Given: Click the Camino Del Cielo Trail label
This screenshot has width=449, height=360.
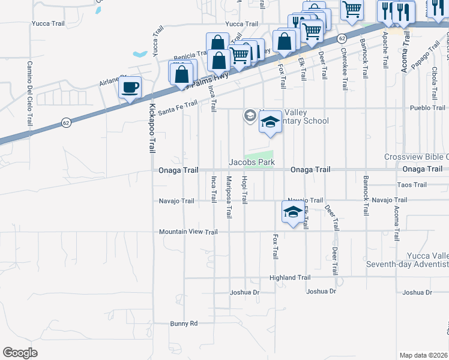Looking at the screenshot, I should [29, 94].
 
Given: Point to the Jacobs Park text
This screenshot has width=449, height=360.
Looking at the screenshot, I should [252, 162].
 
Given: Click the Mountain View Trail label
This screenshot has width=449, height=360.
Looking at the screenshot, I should [188, 232].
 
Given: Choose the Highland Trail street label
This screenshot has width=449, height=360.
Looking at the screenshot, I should [290, 278].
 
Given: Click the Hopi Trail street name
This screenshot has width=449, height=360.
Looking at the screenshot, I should [244, 190].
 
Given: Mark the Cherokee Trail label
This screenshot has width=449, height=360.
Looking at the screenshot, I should [344, 69].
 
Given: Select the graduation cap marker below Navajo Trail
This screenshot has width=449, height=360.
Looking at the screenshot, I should [293, 212].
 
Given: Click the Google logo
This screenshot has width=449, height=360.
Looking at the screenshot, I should [20, 353].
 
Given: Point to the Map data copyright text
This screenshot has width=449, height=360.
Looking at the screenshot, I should [423, 355].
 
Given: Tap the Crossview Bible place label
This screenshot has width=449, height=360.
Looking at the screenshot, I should [417, 157].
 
